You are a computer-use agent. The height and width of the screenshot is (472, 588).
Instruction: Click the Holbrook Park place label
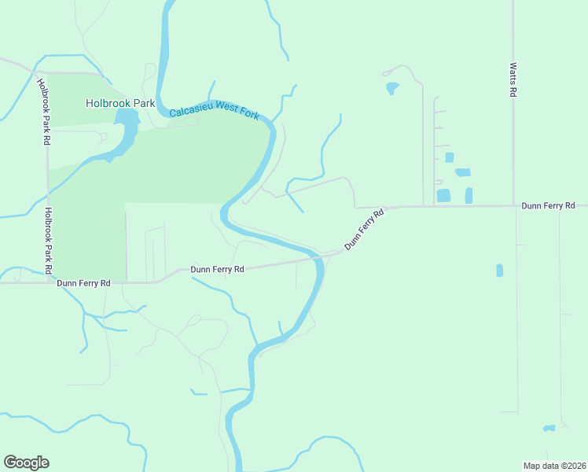click(x=120, y=103)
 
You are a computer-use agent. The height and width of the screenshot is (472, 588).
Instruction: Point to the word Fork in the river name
click(x=248, y=115)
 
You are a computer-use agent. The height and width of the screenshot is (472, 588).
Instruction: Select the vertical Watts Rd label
click(x=513, y=79)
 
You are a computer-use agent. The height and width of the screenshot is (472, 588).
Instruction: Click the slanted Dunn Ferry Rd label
click(x=365, y=229)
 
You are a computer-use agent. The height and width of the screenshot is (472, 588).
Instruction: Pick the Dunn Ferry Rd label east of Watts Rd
click(x=549, y=205)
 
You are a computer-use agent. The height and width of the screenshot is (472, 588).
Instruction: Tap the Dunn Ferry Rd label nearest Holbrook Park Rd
click(x=83, y=282)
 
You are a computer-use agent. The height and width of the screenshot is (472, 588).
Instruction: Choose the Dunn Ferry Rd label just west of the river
click(x=217, y=269)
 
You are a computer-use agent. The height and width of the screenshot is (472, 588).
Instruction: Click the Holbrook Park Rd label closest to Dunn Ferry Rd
click(x=49, y=240)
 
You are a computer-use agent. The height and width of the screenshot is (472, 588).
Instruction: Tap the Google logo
click(x=26, y=463)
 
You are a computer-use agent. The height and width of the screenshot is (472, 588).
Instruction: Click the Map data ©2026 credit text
click(x=554, y=465)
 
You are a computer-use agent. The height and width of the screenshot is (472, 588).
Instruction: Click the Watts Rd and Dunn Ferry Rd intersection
click(x=514, y=206)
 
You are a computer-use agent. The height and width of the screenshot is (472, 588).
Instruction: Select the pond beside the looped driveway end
click(x=391, y=87)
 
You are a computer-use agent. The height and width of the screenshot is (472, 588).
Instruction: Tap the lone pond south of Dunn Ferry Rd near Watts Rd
click(x=499, y=271)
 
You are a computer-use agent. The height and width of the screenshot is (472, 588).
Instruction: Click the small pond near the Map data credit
click(x=549, y=428)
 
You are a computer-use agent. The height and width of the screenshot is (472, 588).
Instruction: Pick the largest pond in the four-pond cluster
click(x=443, y=195)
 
